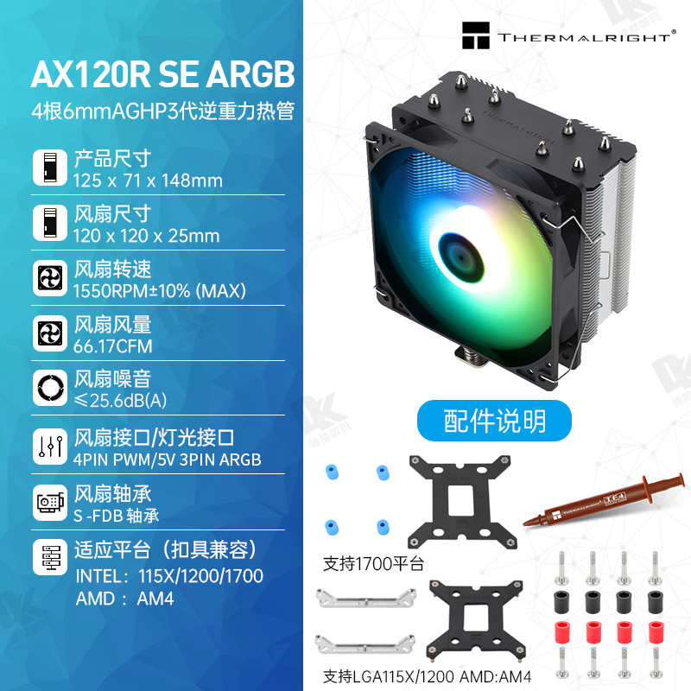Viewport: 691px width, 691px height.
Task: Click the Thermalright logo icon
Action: (x=475, y=38)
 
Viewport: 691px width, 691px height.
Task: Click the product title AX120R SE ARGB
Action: (x=162, y=74)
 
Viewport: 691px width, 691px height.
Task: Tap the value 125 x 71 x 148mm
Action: (x=148, y=181)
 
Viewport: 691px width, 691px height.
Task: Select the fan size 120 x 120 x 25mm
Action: (x=147, y=236)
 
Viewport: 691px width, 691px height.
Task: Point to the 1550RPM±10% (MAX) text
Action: (x=160, y=291)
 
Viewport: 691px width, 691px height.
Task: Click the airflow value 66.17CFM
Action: (x=113, y=346)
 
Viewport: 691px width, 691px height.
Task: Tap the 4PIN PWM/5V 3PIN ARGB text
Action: (x=168, y=460)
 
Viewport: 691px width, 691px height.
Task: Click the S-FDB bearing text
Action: (x=117, y=517)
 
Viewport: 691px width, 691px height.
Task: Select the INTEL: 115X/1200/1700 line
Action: (x=170, y=575)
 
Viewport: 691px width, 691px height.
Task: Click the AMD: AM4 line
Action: (x=124, y=598)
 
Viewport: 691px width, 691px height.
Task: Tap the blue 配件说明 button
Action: (x=495, y=421)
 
